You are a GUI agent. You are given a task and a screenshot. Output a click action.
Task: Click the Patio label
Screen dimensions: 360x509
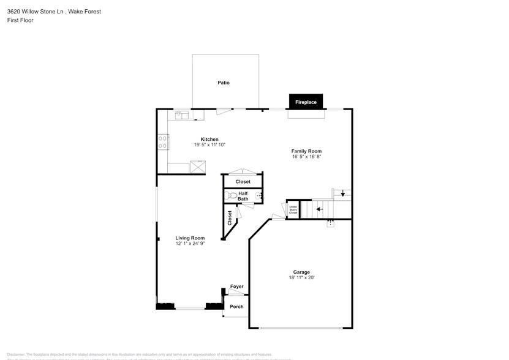click(x=224, y=83)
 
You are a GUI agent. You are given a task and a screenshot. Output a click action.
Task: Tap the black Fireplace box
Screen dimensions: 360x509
click(x=306, y=102)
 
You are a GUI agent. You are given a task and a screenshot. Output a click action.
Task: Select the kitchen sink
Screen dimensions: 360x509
click(x=183, y=114)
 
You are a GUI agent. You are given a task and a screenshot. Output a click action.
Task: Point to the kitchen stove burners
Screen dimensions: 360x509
click(x=164, y=143)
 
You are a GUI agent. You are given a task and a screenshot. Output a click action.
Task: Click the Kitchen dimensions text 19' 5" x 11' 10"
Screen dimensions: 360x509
click(x=209, y=145)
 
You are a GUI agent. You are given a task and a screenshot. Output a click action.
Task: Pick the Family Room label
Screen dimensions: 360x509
click(x=306, y=151)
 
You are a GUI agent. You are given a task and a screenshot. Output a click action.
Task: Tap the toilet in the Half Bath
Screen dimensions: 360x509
click(x=231, y=196)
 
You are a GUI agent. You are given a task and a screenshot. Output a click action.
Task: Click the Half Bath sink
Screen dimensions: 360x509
click(x=260, y=195)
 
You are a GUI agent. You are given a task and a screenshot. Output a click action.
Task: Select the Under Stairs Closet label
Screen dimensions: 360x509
click(x=293, y=210)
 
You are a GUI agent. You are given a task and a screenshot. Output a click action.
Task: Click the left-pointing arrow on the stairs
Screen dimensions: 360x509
click(x=319, y=209)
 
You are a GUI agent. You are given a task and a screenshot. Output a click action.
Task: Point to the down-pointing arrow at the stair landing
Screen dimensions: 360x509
click(x=342, y=194)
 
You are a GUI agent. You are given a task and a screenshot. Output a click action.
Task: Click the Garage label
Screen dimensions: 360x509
click(x=301, y=272)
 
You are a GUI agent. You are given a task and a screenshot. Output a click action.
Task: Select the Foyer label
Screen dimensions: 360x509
click(x=236, y=287)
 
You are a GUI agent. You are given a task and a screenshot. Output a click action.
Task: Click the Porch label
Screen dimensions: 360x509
click(x=236, y=307)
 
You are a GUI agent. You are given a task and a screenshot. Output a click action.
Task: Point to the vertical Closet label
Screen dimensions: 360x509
click(x=230, y=219)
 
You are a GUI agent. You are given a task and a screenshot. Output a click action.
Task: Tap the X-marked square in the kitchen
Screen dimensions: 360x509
click(x=198, y=167)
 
